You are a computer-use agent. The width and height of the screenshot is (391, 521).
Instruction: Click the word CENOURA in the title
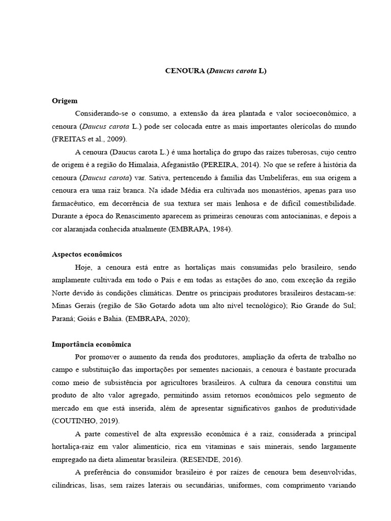coord(184,71)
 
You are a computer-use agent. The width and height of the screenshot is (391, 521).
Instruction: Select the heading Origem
coord(65,101)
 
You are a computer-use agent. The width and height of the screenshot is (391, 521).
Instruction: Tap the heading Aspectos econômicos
coord(87,254)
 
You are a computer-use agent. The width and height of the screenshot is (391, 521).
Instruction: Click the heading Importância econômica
coord(92,344)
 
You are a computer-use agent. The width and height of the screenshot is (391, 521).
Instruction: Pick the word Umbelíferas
coord(269,178)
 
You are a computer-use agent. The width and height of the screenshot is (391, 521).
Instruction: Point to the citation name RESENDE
coord(199,460)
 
